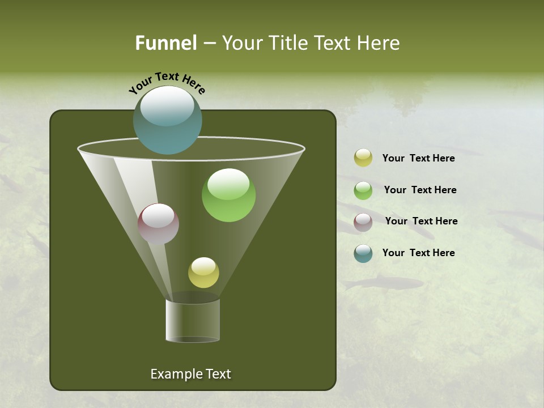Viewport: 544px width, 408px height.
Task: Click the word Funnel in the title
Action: coord(165,42)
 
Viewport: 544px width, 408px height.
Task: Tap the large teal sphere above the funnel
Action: coord(167,120)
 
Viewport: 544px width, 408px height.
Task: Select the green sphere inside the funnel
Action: coord(228,195)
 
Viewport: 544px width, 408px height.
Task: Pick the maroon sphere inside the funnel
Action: coord(159,224)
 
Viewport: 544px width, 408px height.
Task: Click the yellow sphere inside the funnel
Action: coord(203,273)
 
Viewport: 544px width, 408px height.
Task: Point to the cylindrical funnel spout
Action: coord(193,320)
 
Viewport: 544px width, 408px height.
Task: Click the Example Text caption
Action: coord(190,374)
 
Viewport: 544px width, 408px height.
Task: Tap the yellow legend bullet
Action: coord(363,158)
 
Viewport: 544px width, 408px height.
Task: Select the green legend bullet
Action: coord(363,190)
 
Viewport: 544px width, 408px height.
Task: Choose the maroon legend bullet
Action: coord(363,222)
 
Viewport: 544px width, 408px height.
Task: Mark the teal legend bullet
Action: coord(363,253)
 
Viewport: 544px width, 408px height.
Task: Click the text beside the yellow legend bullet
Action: coord(418,158)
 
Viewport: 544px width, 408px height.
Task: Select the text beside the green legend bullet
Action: coord(420,190)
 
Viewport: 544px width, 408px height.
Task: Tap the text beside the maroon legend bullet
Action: coord(421,221)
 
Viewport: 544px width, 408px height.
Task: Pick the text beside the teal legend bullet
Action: coord(418,253)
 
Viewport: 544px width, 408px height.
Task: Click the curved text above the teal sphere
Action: coord(167,83)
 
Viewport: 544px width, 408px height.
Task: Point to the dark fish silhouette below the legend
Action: coord(385,282)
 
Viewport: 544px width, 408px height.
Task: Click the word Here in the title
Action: coord(379,42)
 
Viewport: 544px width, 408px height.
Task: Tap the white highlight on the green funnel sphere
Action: coord(228,183)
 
